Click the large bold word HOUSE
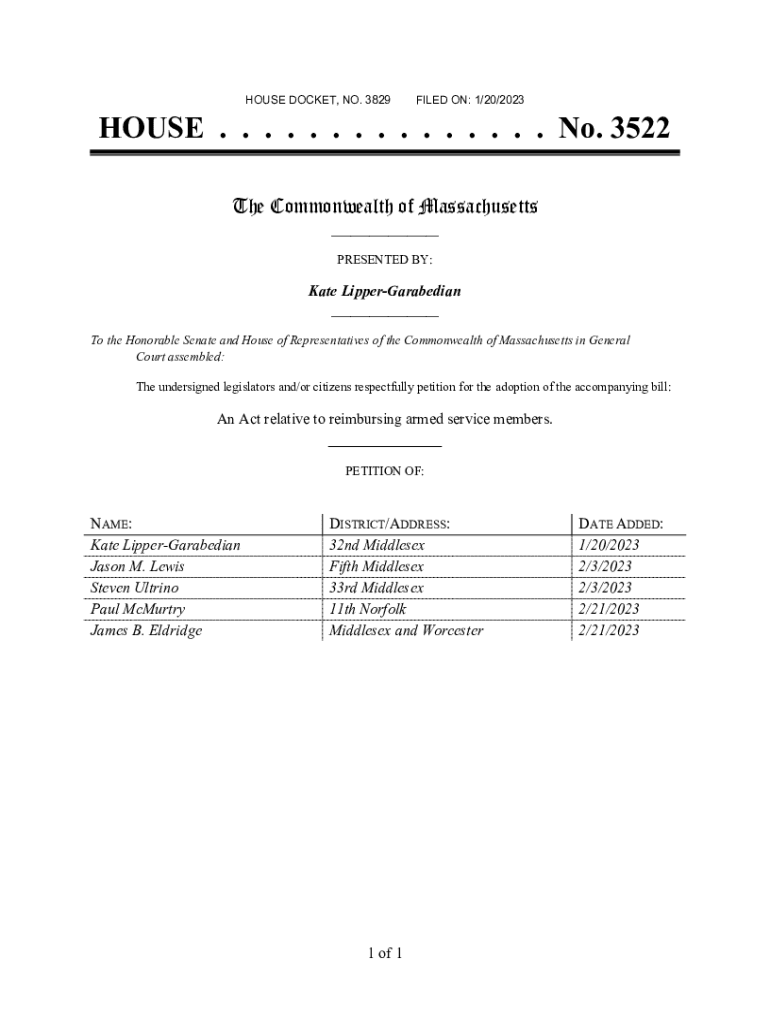150,129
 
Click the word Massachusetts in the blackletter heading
479,207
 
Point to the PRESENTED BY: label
384,260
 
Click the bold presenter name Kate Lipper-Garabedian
384,291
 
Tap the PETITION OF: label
384,471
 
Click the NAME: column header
111,524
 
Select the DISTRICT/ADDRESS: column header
389,524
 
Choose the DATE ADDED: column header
620,524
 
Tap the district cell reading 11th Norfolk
368,609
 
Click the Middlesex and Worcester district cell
406,630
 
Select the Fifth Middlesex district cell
377,567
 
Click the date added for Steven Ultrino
605,588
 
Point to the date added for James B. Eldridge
609,630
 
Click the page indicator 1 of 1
384,953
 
